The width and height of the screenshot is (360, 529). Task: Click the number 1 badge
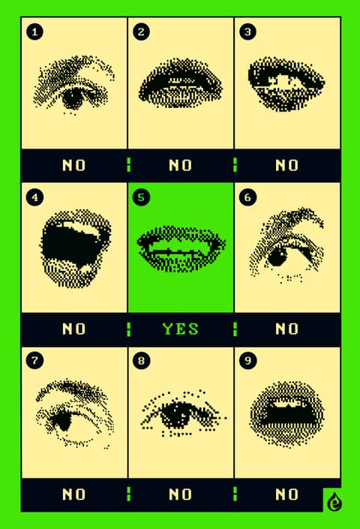pos(34,32)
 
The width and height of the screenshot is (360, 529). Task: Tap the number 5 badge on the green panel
pos(141,197)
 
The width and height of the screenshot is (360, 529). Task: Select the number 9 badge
pos(247,360)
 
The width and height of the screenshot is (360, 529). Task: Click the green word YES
pos(180,329)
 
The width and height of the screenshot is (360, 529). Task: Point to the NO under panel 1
pos(73,165)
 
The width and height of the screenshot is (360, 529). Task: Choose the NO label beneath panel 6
pos(286,329)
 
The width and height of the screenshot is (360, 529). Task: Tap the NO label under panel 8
pos(180,494)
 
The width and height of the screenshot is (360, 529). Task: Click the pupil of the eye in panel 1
pos(73,98)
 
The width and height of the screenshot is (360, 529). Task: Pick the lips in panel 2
pos(180,83)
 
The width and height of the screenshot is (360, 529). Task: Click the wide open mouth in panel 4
pos(75,248)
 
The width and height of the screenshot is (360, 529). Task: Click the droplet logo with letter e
pos(334,502)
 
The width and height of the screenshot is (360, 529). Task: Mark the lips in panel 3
pos(286,84)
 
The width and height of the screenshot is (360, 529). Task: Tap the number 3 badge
pos(247,32)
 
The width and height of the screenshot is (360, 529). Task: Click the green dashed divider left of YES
pos(128,329)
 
